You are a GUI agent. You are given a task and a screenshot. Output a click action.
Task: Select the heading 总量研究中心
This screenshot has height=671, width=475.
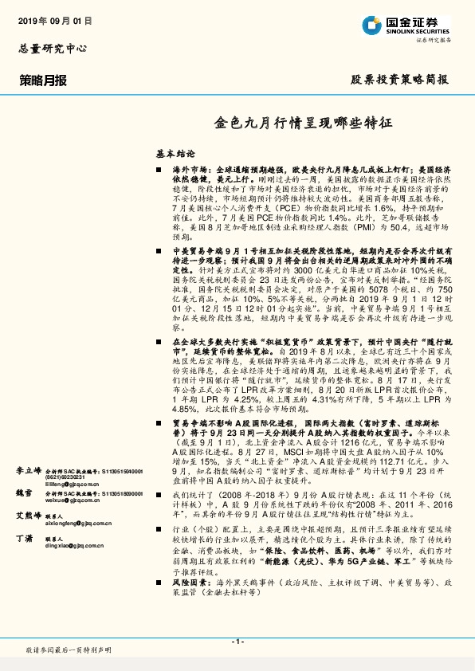(53, 49)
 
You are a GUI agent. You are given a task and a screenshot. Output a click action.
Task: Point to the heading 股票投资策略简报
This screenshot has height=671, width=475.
(399, 80)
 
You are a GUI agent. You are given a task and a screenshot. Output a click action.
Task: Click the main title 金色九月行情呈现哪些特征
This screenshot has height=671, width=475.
(304, 124)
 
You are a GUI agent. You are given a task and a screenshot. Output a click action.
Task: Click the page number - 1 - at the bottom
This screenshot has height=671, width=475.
(237, 641)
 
